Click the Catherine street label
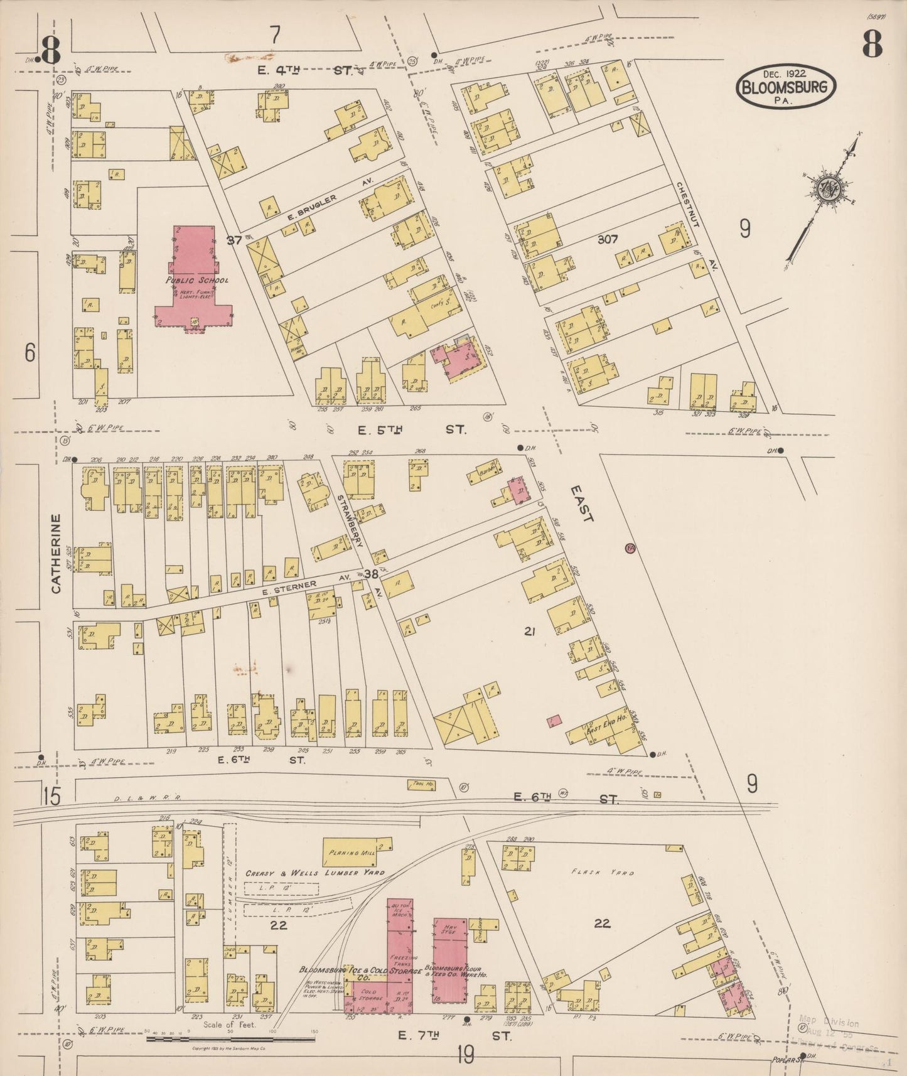(56, 554)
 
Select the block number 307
(608, 239)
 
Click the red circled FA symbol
(630, 548)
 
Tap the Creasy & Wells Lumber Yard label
(314, 873)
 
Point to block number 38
(371, 573)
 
